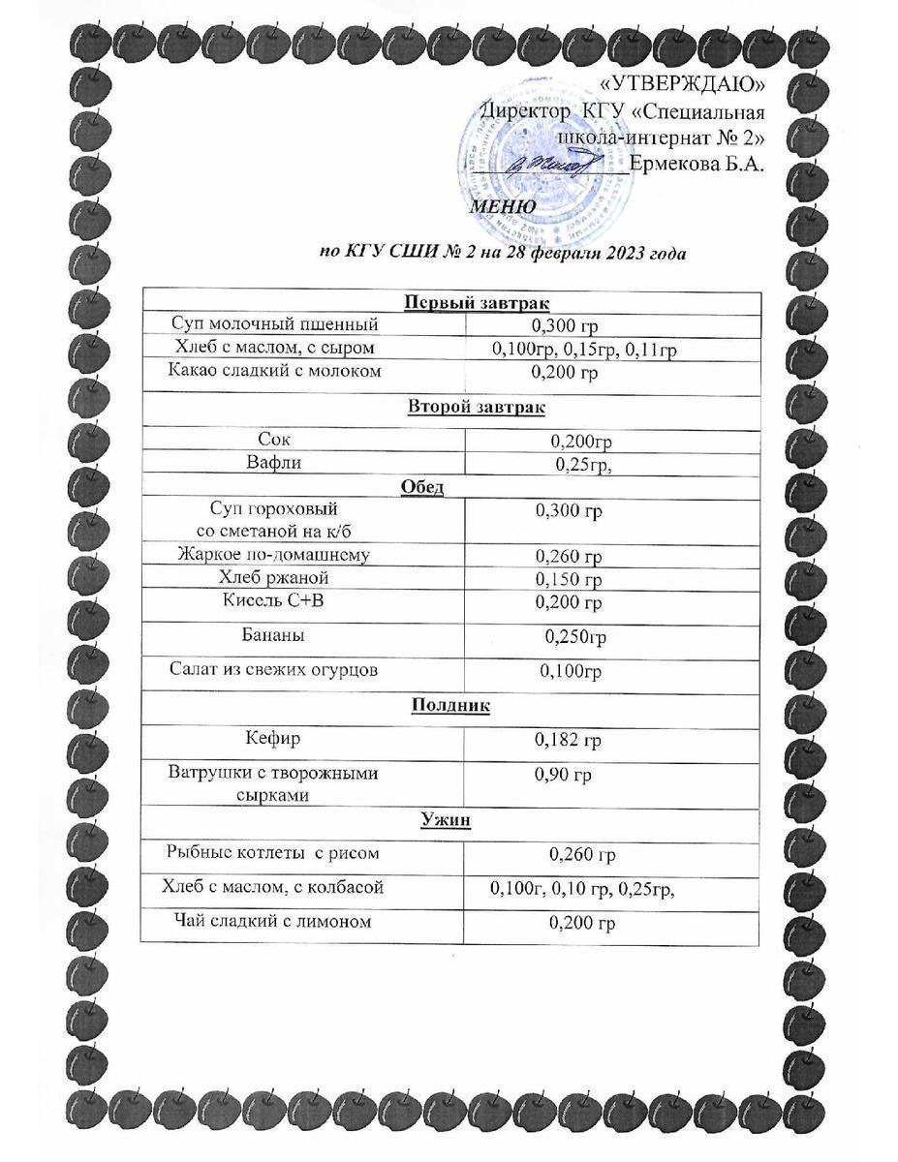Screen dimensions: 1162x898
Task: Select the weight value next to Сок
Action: coord(581,442)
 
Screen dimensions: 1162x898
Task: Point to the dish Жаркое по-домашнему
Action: coord(274,554)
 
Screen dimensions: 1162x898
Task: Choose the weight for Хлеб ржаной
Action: coord(569,579)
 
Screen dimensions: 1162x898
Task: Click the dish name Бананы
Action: coord(273,636)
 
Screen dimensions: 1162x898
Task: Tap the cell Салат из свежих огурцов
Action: coord(274,669)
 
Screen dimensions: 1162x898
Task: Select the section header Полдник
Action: coord(450,706)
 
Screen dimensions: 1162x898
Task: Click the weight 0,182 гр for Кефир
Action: coord(569,741)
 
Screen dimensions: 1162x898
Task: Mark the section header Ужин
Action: coord(446,821)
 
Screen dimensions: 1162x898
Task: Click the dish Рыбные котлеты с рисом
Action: coord(273,853)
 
